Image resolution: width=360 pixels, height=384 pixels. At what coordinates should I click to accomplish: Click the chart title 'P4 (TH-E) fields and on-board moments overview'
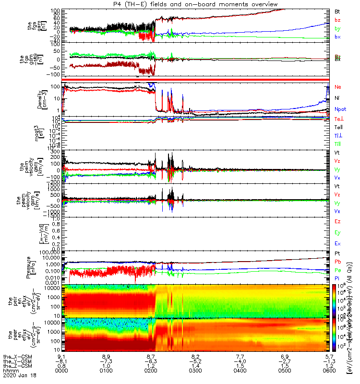tap(194, 4)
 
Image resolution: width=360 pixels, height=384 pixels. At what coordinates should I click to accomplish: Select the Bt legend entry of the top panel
tap(337, 11)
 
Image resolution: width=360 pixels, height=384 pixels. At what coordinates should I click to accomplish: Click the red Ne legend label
tap(337, 87)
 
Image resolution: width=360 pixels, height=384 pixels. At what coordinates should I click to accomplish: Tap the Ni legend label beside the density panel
tap(337, 98)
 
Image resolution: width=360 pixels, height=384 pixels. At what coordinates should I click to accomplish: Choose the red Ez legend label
tap(337, 221)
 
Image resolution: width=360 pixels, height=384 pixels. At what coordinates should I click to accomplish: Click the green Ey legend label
tap(337, 232)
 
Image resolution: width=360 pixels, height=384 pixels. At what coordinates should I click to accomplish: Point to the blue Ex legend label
tap(337, 244)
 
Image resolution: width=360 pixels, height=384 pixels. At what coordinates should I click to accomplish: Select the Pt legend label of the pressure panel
tap(337, 253)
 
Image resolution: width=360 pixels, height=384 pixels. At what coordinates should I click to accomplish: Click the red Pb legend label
tap(337, 262)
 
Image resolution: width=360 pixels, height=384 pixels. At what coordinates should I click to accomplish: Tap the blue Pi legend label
tap(337, 278)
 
